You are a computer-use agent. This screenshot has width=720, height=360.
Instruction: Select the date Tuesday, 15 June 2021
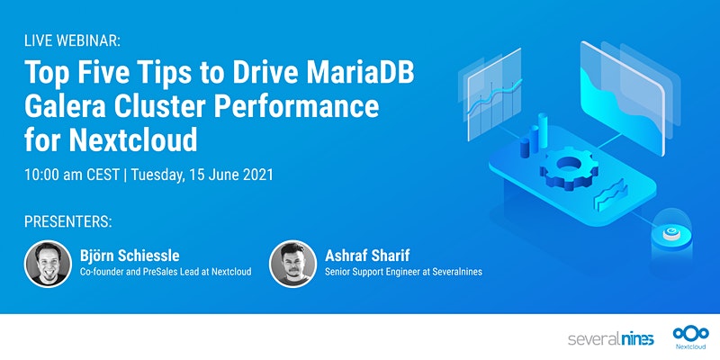202,175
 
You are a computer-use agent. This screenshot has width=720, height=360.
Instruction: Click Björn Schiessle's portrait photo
48,263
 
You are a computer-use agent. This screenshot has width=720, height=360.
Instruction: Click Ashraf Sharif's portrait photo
292,263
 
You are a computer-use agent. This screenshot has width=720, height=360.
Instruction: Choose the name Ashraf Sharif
369,255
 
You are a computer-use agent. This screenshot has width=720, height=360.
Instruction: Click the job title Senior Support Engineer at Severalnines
404,272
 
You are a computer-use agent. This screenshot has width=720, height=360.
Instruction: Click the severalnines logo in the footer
610,339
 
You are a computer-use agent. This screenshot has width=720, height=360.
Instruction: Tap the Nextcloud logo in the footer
688,336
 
